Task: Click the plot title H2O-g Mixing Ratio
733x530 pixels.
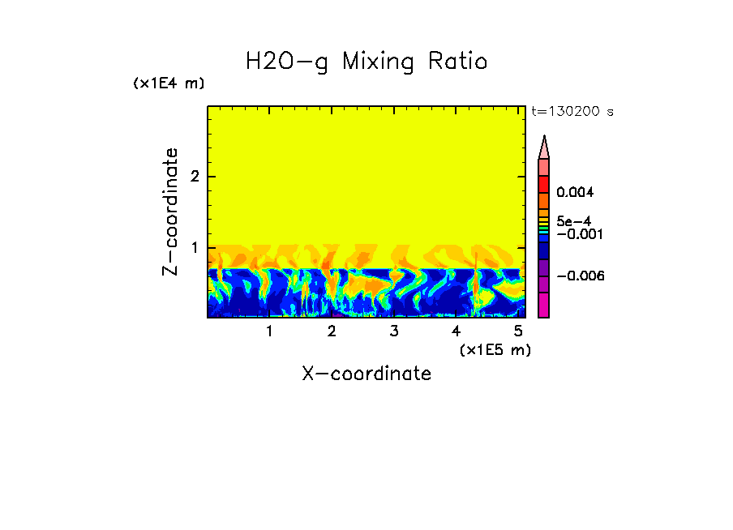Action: [366, 62]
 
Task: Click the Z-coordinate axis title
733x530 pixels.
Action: [170, 212]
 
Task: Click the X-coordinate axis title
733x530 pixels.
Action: [366, 374]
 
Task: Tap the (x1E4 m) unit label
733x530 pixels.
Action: [169, 83]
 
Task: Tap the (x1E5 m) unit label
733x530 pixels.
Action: [495, 349]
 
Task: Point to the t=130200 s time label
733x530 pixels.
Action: [572, 112]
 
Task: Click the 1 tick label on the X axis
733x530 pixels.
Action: [269, 331]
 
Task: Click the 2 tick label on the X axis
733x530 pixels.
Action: [332, 331]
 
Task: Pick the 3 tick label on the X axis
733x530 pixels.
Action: [394, 331]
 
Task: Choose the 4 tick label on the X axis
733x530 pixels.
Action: [457, 331]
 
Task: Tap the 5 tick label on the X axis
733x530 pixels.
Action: [519, 331]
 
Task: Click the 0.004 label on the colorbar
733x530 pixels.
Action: [575, 193]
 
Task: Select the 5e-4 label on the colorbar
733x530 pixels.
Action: [574, 220]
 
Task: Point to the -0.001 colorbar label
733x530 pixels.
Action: [577, 234]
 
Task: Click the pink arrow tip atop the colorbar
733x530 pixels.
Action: [544, 147]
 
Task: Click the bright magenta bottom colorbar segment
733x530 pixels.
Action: [544, 305]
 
